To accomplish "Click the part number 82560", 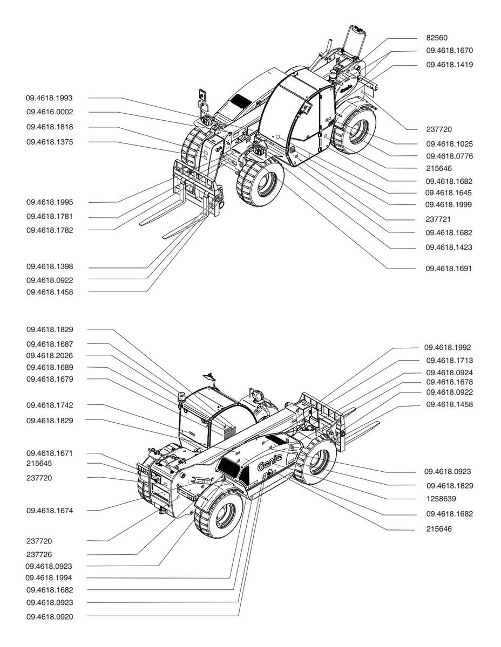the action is point(437,38).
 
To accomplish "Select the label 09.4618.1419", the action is point(449,65).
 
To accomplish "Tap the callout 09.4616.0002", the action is point(50,112).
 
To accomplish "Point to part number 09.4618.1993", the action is point(49,98).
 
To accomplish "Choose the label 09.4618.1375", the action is point(50,142).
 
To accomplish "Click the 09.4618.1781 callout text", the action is point(50,216).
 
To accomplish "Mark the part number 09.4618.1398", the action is point(50,266).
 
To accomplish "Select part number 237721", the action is point(438,219).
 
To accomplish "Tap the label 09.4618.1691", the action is point(449,269).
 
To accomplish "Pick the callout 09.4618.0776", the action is point(449,156).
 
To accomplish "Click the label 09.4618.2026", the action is point(50,355).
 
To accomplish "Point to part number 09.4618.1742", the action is point(50,405).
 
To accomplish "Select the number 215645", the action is point(39,464).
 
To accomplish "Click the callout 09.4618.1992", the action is point(448,347).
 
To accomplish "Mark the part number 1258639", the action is point(441,499).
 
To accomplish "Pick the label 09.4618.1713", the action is point(449,361).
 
